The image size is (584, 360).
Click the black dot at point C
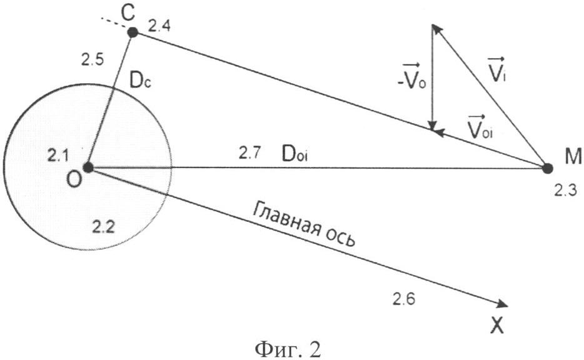click(x=133, y=32)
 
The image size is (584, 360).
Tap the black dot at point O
click(x=88, y=167)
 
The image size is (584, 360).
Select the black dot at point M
click(x=547, y=168)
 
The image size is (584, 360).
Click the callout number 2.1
click(x=58, y=155)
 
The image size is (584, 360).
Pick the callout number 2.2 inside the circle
click(x=103, y=226)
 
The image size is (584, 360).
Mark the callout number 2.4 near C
click(x=159, y=26)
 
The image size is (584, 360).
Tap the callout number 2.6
click(x=404, y=299)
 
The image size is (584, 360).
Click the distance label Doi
click(x=295, y=154)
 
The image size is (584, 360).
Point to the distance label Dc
click(x=141, y=82)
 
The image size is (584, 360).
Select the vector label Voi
click(x=480, y=127)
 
